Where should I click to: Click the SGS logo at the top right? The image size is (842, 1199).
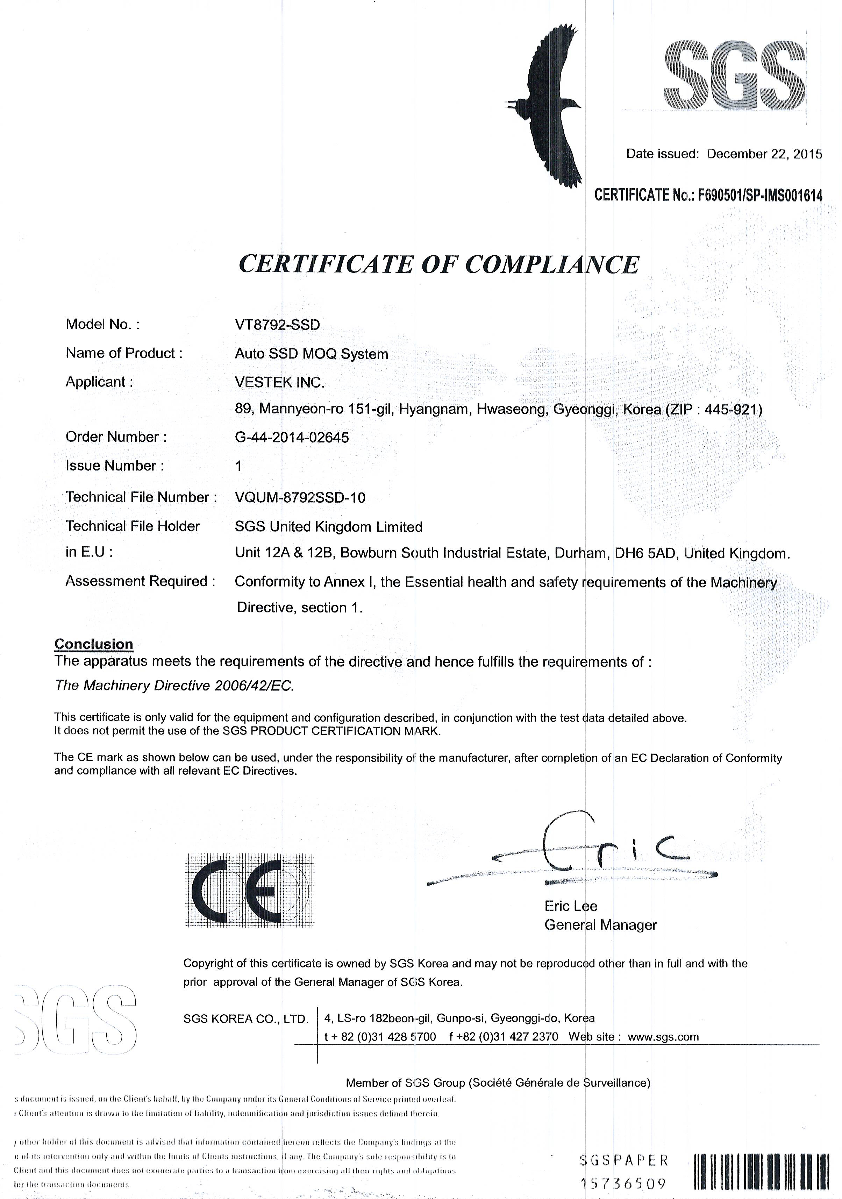[734, 77]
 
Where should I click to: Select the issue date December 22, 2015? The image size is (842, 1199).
[764, 154]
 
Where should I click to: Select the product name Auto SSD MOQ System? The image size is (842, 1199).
[311, 354]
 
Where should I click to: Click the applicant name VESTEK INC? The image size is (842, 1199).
[279, 382]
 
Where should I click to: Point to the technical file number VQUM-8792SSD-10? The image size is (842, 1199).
[300, 498]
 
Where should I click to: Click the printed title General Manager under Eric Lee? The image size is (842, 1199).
[600, 925]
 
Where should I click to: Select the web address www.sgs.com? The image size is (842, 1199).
[663, 1037]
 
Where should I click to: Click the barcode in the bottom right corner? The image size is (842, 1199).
[762, 1172]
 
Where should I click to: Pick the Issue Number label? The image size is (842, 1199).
[114, 466]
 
